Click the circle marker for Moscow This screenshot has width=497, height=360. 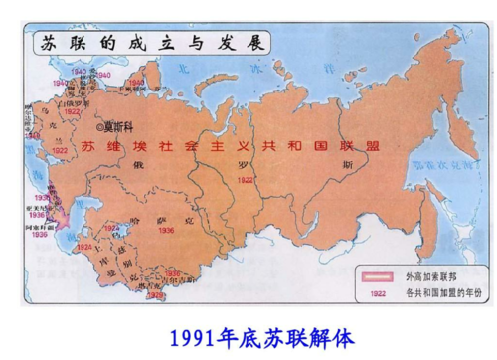click(x=96, y=127)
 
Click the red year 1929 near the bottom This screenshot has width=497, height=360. click(x=157, y=297)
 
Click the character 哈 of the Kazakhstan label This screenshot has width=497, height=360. click(x=151, y=212)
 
